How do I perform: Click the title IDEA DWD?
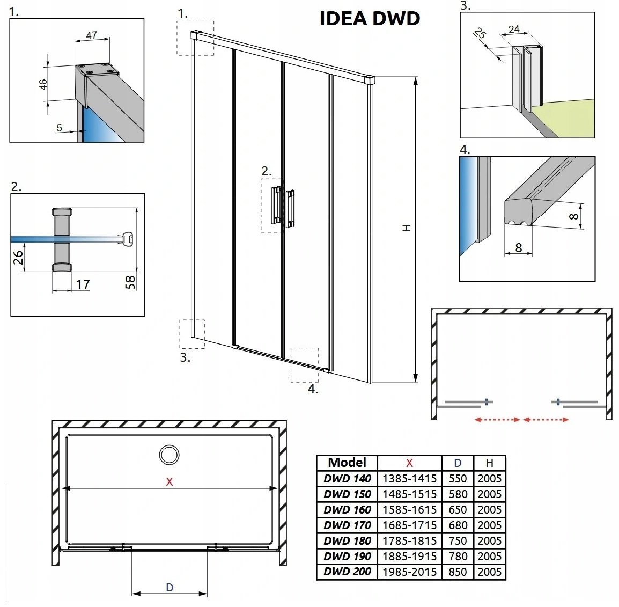coord(370,18)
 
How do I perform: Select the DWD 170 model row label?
coord(347,525)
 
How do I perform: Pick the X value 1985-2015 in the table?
coord(409,572)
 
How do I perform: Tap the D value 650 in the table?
coord(458,510)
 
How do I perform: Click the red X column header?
coord(409,463)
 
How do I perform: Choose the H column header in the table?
coord(489,463)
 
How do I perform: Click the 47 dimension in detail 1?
coord(92,35)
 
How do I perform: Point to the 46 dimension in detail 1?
coord(43,84)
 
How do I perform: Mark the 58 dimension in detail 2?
coord(130,282)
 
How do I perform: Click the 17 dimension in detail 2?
coord(83,284)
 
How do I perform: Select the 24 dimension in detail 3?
coord(514,29)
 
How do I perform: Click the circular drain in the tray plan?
coord(169,455)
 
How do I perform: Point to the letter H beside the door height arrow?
coord(407,228)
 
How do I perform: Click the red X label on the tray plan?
coord(170,482)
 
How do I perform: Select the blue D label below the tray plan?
coord(170,588)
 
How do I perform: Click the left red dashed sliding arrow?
coord(497,420)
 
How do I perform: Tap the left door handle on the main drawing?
coord(276,205)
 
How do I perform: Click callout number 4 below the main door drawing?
coord(313,390)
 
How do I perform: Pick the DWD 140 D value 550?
coord(458,479)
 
